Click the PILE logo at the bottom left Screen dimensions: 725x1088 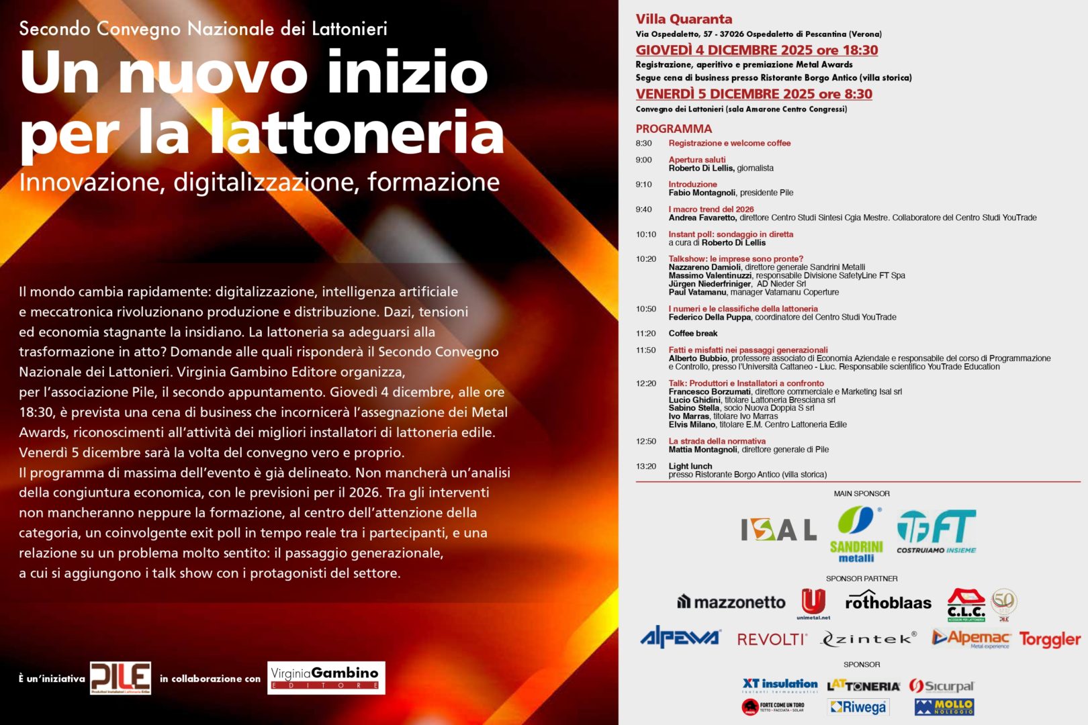click(120, 677)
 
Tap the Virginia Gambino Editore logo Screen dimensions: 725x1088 click(326, 677)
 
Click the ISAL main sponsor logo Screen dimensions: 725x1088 click(778, 530)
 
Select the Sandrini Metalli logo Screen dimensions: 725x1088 click(856, 534)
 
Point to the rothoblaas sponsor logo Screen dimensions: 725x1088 click(888, 601)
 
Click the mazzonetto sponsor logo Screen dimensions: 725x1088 click(731, 602)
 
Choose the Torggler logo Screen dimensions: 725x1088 click(1049, 639)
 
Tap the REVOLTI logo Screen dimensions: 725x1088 click(772, 639)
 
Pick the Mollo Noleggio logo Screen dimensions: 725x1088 click(944, 707)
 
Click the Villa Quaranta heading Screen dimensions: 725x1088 click(684, 19)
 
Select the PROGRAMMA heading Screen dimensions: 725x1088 click(674, 129)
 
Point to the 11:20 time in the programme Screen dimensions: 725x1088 click(646, 334)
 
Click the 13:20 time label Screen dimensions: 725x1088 click(646, 467)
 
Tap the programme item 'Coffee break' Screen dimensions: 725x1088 click(692, 334)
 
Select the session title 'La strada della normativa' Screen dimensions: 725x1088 click(717, 442)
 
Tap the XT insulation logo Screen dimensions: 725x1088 click(780, 685)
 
